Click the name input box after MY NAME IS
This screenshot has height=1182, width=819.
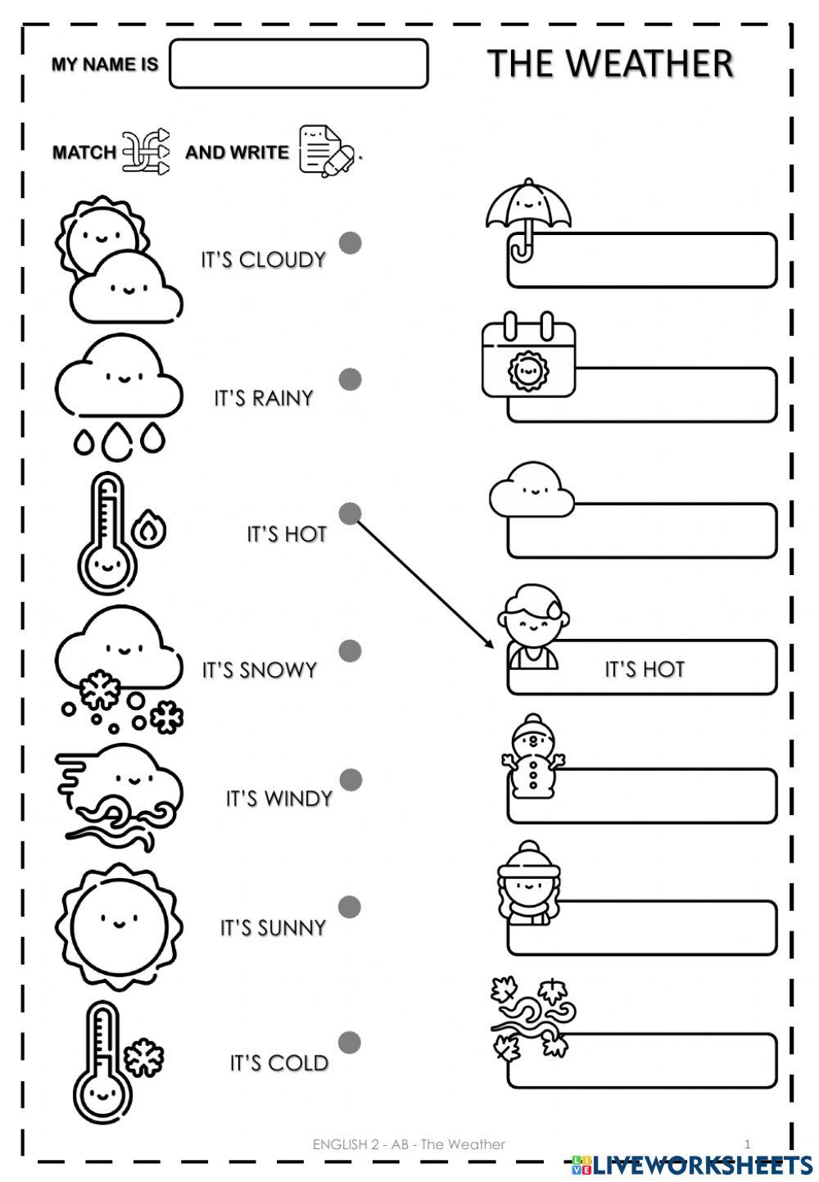(298, 64)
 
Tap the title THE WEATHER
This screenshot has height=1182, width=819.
(610, 64)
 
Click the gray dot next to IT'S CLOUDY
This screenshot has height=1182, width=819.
(351, 242)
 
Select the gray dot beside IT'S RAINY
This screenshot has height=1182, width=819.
(351, 379)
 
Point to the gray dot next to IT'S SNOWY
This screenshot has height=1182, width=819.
(351, 650)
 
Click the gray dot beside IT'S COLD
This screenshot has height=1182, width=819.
(350, 1042)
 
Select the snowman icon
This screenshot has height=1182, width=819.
(532, 755)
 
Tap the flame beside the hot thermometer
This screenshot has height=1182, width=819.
(149, 530)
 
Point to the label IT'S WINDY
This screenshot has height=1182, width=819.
(279, 799)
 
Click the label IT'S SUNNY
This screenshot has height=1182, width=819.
(274, 928)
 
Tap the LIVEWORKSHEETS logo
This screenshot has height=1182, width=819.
(692, 1164)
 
